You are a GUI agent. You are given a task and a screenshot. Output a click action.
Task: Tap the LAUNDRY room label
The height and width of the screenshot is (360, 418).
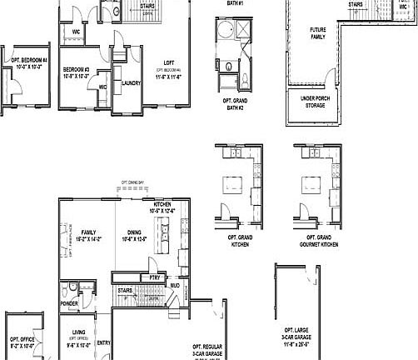click(x=131, y=83)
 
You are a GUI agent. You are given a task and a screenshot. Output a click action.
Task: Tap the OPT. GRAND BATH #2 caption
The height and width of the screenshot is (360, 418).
click(x=233, y=103)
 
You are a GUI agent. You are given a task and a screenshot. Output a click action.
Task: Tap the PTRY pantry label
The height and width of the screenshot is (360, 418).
click(x=154, y=277)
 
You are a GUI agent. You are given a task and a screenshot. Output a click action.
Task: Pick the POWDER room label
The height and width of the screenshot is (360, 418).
click(x=69, y=304)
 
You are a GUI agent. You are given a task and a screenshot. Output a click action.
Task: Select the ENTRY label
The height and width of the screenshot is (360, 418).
click(x=104, y=342)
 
